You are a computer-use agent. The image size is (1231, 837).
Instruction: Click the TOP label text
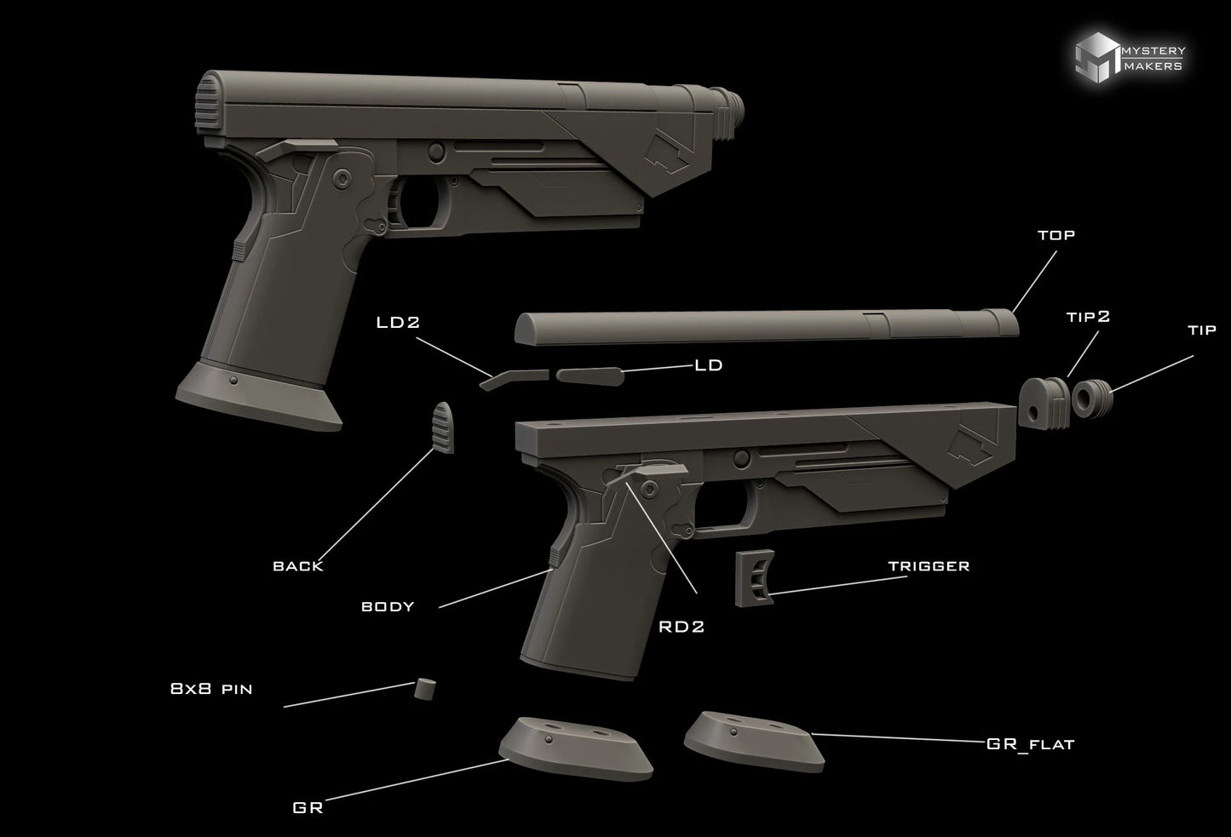point(1056,235)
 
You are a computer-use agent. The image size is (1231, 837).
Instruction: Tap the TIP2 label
point(1088,317)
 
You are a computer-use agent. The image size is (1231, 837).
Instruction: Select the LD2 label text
point(398,322)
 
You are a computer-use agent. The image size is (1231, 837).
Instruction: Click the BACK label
point(298,566)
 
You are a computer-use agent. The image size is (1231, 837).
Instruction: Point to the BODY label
point(388,606)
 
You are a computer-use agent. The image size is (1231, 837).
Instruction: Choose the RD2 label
point(682,627)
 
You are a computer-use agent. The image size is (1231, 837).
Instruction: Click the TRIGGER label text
point(929,565)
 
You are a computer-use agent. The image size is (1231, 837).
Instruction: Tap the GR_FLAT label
point(1031,744)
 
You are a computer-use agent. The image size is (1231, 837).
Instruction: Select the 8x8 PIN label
point(211,689)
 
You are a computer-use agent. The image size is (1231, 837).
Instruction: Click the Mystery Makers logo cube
point(1097,57)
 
